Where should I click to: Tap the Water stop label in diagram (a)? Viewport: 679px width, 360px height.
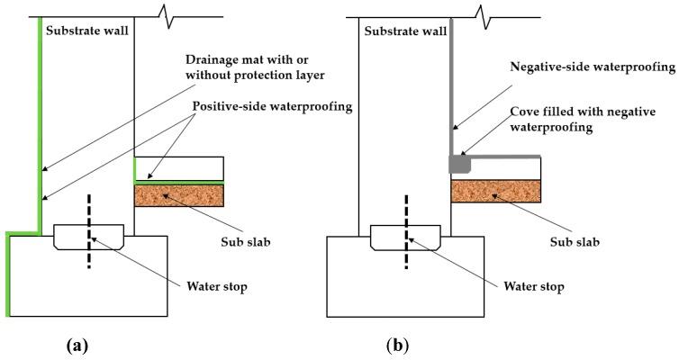coord(217,287)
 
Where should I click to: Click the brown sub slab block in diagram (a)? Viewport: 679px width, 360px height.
coord(178,195)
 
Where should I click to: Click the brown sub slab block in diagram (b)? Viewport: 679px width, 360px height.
coord(495,191)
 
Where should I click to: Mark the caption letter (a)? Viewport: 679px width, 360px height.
coord(77,343)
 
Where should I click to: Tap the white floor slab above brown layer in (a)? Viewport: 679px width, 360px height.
coord(178,168)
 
